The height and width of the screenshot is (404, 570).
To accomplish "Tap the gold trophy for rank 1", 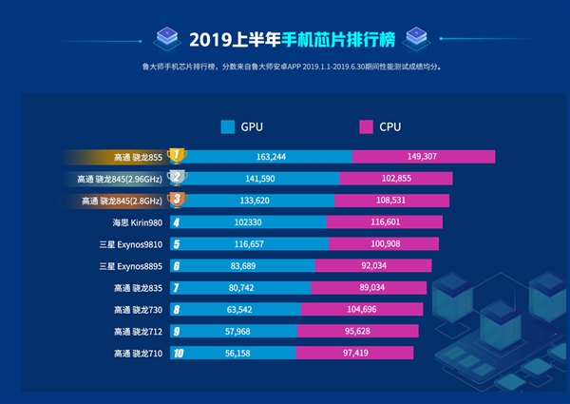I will click(176, 155).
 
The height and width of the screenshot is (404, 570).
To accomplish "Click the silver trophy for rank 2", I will click(176, 178).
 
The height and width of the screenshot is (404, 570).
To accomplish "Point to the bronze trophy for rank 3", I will click(176, 200).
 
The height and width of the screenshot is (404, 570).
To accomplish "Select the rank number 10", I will click(176, 353).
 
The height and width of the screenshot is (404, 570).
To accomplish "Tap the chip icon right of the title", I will click(414, 39).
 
